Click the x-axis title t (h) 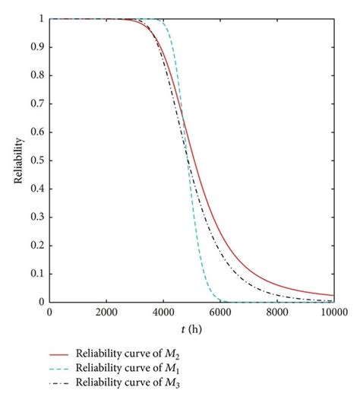(x=191, y=331)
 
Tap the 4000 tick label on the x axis (x=163, y=311)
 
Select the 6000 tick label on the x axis (x=220, y=311)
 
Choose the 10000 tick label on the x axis (x=333, y=311)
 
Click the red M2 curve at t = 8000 (x=277, y=283)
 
